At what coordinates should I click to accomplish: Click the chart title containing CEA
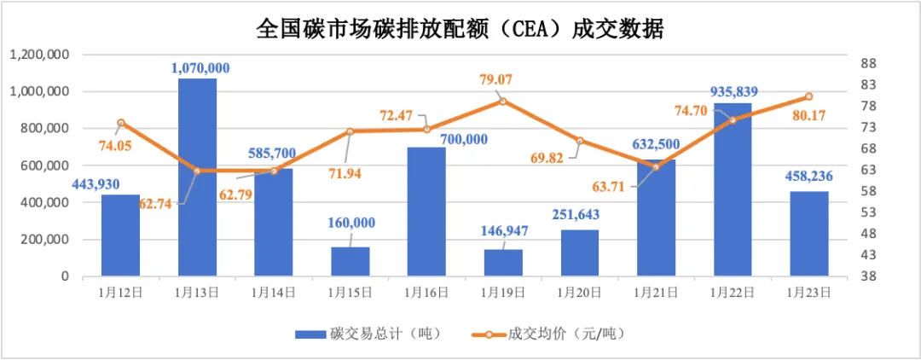460,30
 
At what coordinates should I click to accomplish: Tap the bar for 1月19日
503,263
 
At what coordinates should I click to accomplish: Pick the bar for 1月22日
733,189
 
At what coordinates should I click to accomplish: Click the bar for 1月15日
350,261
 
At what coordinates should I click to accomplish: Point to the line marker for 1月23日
809,96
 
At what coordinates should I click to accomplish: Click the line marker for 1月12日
121,123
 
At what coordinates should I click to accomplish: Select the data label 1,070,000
200,67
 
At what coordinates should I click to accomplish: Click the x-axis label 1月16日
426,292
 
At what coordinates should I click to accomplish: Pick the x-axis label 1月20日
580,292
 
